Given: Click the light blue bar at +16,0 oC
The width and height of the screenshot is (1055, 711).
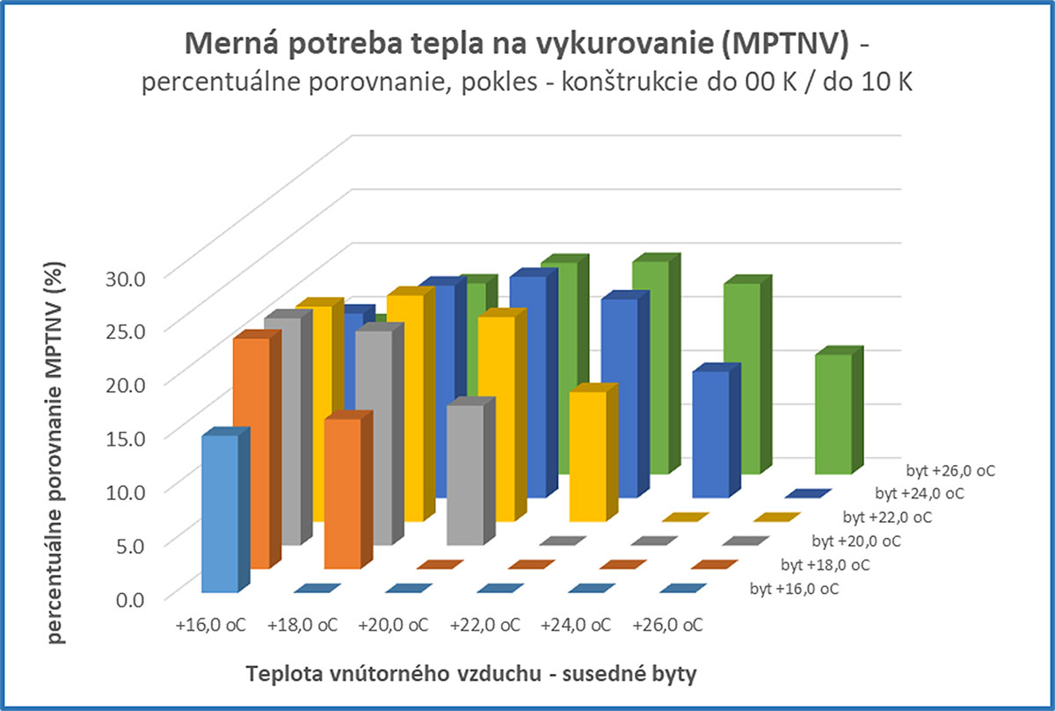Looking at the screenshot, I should pos(220,513).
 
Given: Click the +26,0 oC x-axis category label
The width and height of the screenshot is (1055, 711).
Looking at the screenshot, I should pos(667,626).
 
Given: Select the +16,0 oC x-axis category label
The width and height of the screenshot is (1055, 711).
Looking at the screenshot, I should pos(211,626).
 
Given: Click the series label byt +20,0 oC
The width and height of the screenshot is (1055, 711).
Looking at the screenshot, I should pos(855,541).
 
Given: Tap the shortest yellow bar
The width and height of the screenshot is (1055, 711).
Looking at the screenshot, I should pos(587,456).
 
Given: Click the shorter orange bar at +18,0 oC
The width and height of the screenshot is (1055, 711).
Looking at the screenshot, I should pos(341,493).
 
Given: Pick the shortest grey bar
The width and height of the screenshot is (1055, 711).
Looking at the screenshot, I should pos(465,475).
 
